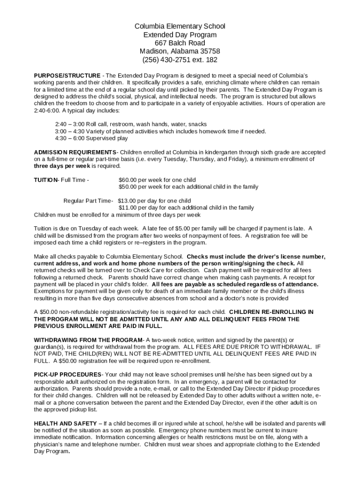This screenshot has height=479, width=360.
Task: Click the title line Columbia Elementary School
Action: tap(180, 26)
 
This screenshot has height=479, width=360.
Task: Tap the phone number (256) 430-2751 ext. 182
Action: tap(180, 60)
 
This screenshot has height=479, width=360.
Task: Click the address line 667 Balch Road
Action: tap(180, 43)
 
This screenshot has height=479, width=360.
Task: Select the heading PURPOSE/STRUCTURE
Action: tap(67, 76)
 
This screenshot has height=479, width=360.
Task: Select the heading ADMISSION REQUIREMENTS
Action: tap(75, 152)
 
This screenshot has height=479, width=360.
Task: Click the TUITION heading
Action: tap(45, 180)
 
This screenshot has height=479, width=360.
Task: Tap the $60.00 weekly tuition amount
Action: tap(128, 180)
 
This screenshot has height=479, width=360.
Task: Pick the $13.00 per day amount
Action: tap(128, 201)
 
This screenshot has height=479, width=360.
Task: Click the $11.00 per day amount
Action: tap(128, 208)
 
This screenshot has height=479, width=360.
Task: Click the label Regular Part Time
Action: tap(87, 201)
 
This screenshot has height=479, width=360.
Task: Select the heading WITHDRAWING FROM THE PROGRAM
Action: tap(88, 340)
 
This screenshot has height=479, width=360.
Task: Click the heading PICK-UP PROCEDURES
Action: tap(68, 375)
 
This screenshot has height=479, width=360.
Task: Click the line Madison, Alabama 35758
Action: tap(180, 51)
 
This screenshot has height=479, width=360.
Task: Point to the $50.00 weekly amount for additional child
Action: tap(128, 187)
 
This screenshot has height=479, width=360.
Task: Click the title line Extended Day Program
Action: tap(180, 35)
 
